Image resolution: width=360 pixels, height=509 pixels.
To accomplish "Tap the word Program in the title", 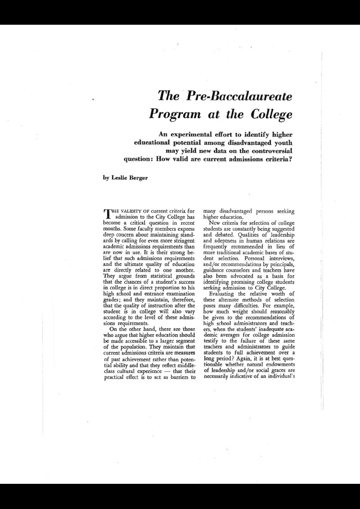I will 173,113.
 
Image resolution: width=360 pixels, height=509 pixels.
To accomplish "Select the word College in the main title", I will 270,113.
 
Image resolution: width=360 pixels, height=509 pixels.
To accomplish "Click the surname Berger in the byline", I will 141,177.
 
